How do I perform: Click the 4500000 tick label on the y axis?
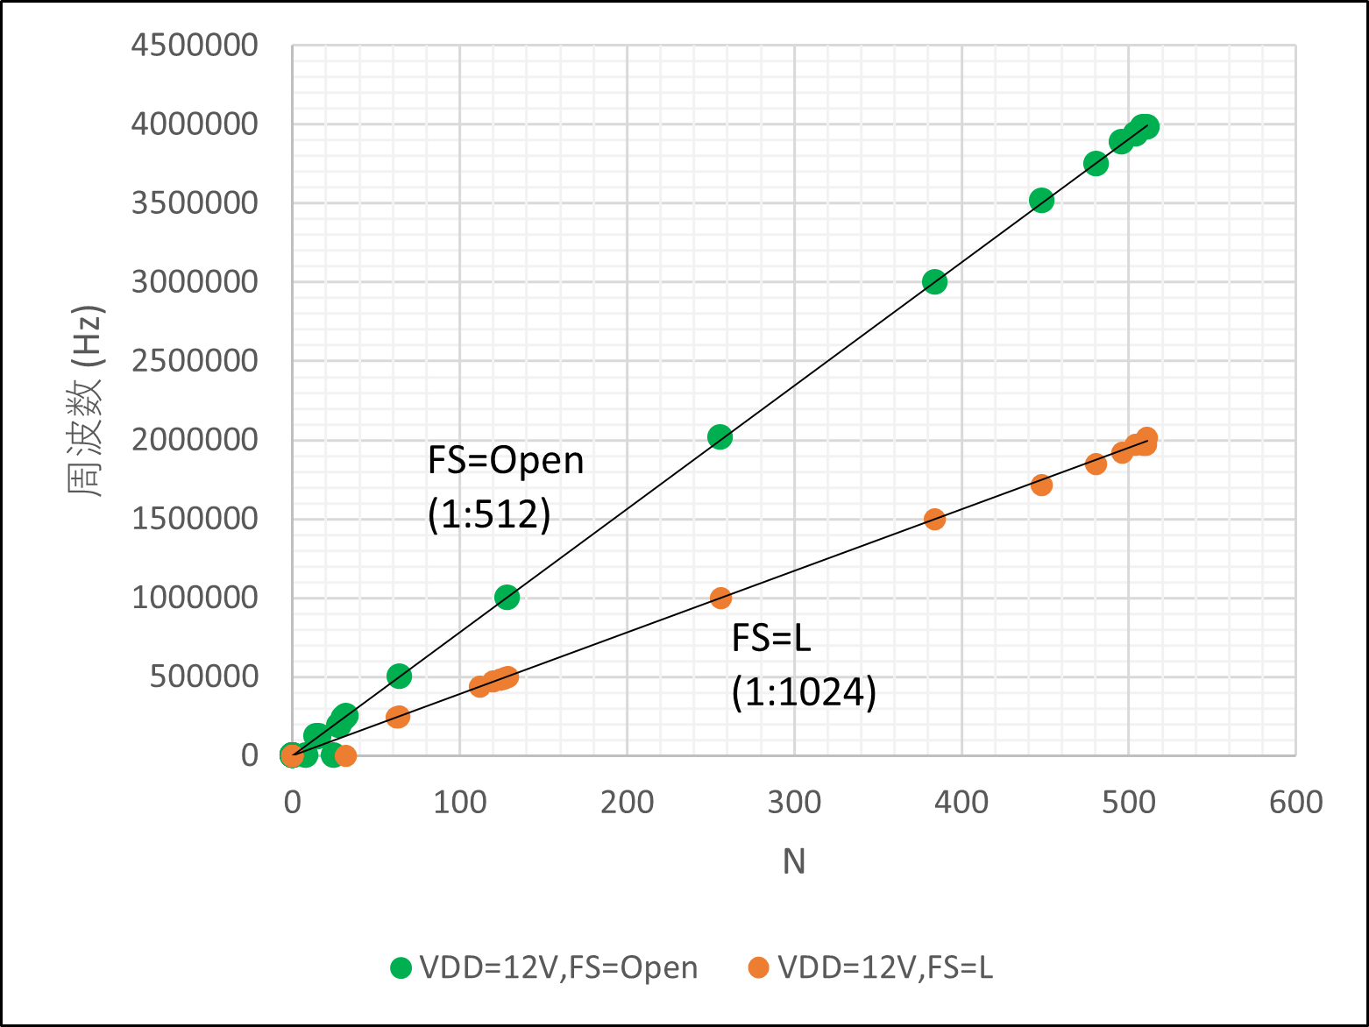tap(194, 46)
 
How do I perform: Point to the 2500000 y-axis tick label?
tap(194, 361)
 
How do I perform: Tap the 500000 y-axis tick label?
tap(203, 676)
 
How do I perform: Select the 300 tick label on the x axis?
tap(794, 802)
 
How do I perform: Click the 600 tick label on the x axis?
tap(1296, 802)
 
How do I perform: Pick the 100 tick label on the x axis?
tap(459, 802)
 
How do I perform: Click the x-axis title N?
tap(794, 861)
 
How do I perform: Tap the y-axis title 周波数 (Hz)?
tap(85, 401)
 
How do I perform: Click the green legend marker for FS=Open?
tap(401, 967)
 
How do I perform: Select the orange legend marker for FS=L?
tap(758, 967)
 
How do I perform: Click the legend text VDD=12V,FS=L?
tap(885, 967)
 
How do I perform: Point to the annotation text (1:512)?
tap(489, 514)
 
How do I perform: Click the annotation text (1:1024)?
tap(804, 692)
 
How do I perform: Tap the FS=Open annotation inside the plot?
tap(506, 461)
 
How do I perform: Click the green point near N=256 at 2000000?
tap(720, 437)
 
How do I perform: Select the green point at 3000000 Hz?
tap(934, 282)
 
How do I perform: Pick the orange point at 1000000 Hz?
tap(720, 598)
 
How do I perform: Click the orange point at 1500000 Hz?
tap(934, 519)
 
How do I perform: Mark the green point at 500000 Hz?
tap(399, 676)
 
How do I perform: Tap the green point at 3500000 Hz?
tap(1041, 201)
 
